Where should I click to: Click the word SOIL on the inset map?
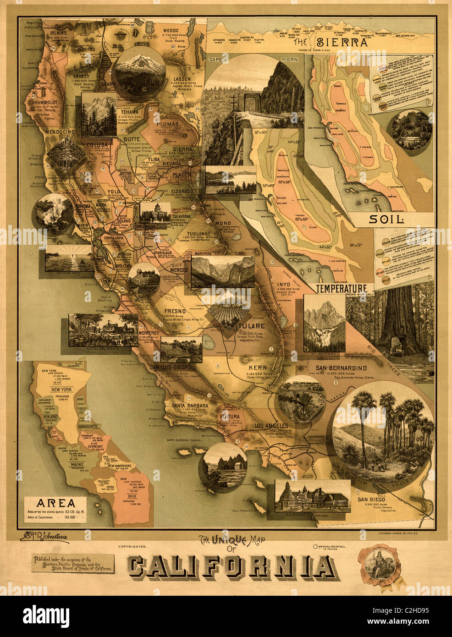pyautogui.click(x=386, y=220)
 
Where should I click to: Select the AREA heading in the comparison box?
pyautogui.click(x=58, y=503)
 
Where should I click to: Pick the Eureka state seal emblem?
pyautogui.click(x=379, y=564)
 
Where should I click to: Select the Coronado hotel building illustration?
pyautogui.click(x=312, y=497)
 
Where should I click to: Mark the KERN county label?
pyautogui.click(x=258, y=368)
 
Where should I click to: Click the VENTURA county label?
pyautogui.click(x=229, y=416)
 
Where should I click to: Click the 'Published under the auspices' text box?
pyautogui.click(x=73, y=563)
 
